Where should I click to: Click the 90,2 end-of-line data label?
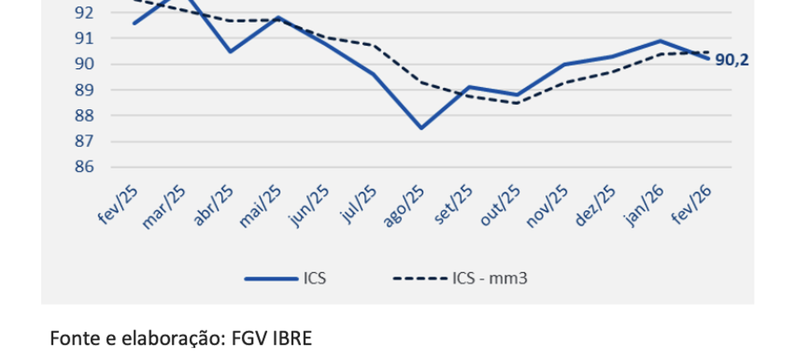pos(732,60)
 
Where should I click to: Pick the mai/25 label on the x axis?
pos(261,205)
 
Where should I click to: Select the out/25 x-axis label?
pos(500,205)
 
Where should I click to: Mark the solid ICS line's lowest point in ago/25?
pos(421,128)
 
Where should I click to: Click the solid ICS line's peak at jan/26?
pos(661,40)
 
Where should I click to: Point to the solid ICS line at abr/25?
pos(230,52)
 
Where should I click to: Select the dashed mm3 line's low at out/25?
pos(517,103)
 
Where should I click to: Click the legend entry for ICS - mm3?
pos(489,278)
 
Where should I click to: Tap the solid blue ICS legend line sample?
pos(271,278)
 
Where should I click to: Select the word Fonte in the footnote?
pos(71,337)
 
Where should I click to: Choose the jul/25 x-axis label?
pos(357,204)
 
